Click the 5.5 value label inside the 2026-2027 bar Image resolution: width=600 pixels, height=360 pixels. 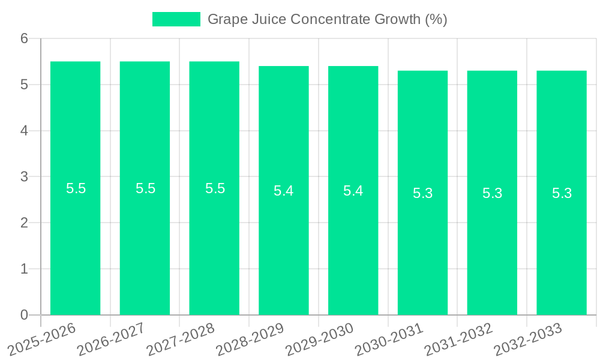145,188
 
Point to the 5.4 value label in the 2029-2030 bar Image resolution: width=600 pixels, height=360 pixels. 353,191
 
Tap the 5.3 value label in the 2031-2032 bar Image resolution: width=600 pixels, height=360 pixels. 492,193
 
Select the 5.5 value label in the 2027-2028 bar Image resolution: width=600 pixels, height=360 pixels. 215,188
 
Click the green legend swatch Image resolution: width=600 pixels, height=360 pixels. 176,19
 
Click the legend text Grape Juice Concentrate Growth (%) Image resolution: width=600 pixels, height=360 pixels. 327,19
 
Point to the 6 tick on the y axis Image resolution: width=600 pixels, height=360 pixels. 24,39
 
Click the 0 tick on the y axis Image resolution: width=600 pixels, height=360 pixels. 24,315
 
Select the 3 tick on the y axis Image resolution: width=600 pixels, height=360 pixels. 24,177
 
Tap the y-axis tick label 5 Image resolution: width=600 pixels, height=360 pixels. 24,85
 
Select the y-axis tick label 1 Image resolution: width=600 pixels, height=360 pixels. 24,269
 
